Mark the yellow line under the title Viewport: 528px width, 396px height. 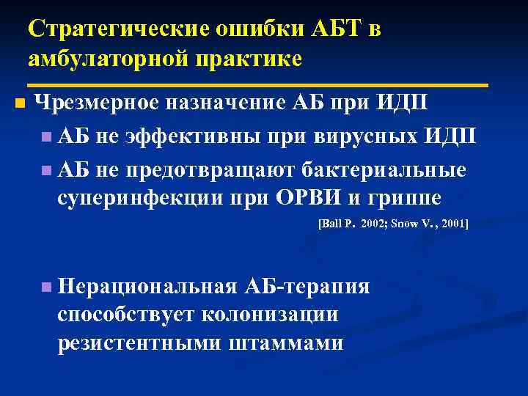(257, 86)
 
